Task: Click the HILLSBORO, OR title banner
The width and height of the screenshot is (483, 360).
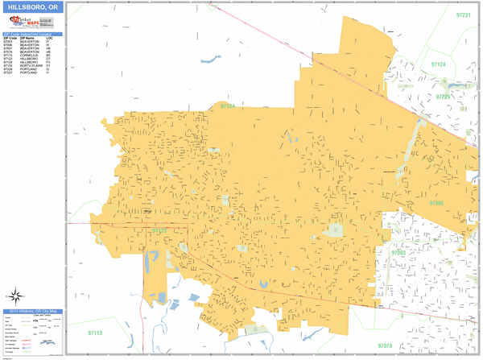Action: pos(31,7)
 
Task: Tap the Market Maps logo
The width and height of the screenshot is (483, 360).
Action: pos(23,23)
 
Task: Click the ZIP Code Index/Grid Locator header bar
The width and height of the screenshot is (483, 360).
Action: pos(31,34)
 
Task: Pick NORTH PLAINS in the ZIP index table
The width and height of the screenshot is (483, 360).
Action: pos(29,66)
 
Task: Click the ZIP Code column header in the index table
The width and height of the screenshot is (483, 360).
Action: pos(9,38)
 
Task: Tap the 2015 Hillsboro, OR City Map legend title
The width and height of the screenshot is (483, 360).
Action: pos(31,311)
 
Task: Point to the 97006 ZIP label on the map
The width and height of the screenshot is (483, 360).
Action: pos(436,204)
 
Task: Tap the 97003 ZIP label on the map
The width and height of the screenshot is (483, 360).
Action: pos(398,252)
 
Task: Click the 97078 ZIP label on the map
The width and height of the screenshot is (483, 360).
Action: pos(384,346)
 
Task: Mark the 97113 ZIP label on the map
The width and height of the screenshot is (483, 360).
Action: pos(97,333)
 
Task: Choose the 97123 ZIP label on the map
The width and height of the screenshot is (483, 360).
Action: pos(160,231)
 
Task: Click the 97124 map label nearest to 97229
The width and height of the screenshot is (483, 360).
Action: pos(438,64)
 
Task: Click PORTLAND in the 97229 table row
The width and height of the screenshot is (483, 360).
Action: pos(26,69)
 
